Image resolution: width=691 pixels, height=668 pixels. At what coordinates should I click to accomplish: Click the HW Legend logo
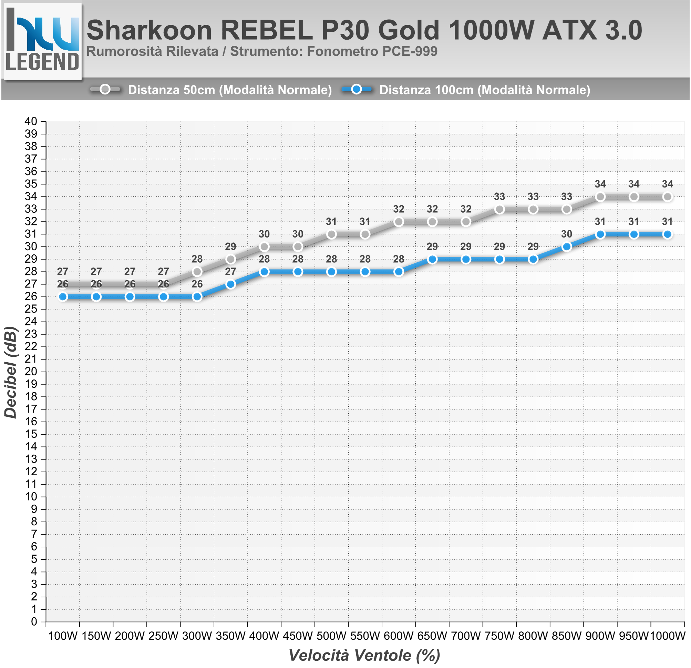pyautogui.click(x=42, y=41)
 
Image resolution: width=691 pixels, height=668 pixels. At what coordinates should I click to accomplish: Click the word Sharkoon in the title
pyautogui.click(x=149, y=30)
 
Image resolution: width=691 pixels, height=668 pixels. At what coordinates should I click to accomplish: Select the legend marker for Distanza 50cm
pyautogui.click(x=105, y=90)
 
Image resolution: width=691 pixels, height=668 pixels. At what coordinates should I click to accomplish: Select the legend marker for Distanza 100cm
pyautogui.click(x=357, y=90)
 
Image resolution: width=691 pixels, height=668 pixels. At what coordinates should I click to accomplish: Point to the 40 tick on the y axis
pyautogui.click(x=31, y=121)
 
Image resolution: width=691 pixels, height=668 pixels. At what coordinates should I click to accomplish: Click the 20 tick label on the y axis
pyautogui.click(x=31, y=371)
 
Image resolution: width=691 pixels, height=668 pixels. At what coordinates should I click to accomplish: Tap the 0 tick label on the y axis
pyautogui.click(x=34, y=622)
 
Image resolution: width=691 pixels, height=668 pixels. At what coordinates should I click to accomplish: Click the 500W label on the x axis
pyautogui.click(x=331, y=636)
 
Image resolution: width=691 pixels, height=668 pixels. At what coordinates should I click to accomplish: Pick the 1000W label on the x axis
pyautogui.click(x=667, y=636)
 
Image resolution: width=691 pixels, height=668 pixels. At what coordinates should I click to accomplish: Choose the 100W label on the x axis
pyautogui.click(x=63, y=636)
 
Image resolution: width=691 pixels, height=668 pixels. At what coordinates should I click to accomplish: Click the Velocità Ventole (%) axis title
pyautogui.click(x=364, y=655)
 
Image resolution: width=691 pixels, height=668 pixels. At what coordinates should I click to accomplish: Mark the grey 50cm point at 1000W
pyautogui.click(x=667, y=197)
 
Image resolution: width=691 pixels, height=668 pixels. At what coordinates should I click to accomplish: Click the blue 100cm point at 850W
pyautogui.click(x=567, y=247)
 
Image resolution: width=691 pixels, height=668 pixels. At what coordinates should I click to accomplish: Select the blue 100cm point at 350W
pyautogui.click(x=230, y=284)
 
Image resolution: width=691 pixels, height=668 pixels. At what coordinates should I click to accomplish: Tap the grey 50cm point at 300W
pyautogui.click(x=197, y=272)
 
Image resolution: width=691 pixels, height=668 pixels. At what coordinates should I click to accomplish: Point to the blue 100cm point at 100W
pyautogui.click(x=63, y=297)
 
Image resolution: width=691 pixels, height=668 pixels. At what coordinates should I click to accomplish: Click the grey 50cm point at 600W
pyautogui.click(x=399, y=222)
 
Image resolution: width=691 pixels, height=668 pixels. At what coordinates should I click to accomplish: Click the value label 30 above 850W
pyautogui.click(x=567, y=234)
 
